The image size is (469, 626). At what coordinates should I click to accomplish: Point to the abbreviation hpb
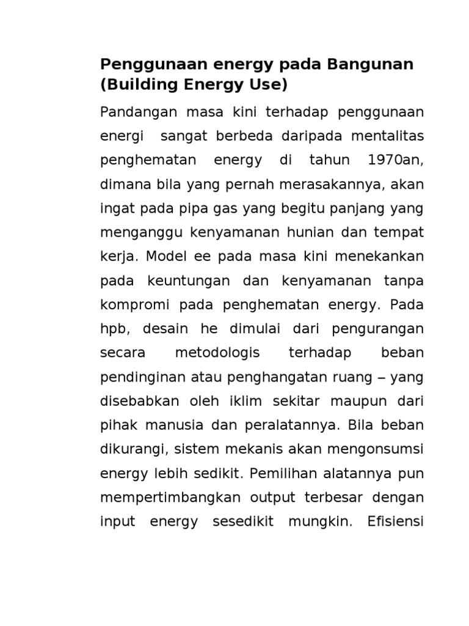coord(112,329)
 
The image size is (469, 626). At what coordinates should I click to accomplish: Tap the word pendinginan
coord(139,377)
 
